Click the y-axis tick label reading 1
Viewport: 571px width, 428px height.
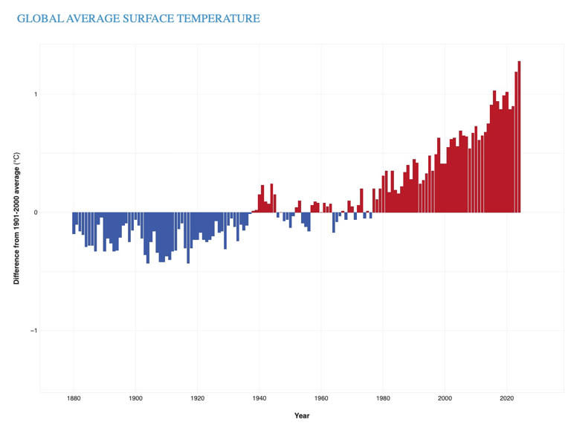coord(34,94)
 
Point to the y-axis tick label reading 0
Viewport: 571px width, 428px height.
coord(34,213)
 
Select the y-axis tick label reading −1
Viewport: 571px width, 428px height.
coord(33,331)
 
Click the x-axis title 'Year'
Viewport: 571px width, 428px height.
coord(301,415)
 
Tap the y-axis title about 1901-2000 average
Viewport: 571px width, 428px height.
coord(16,215)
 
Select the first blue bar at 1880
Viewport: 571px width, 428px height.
coord(74,223)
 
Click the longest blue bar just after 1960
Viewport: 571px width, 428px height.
coord(334,222)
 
